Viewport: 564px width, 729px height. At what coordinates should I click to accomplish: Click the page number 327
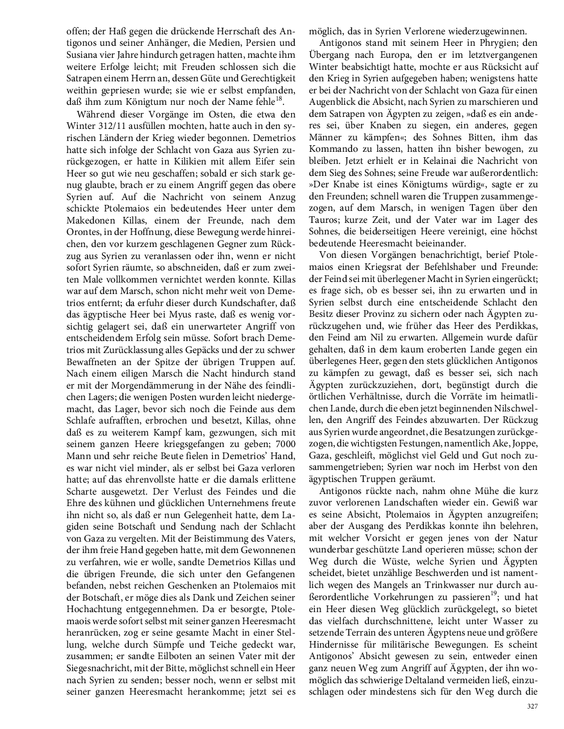(531, 707)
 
